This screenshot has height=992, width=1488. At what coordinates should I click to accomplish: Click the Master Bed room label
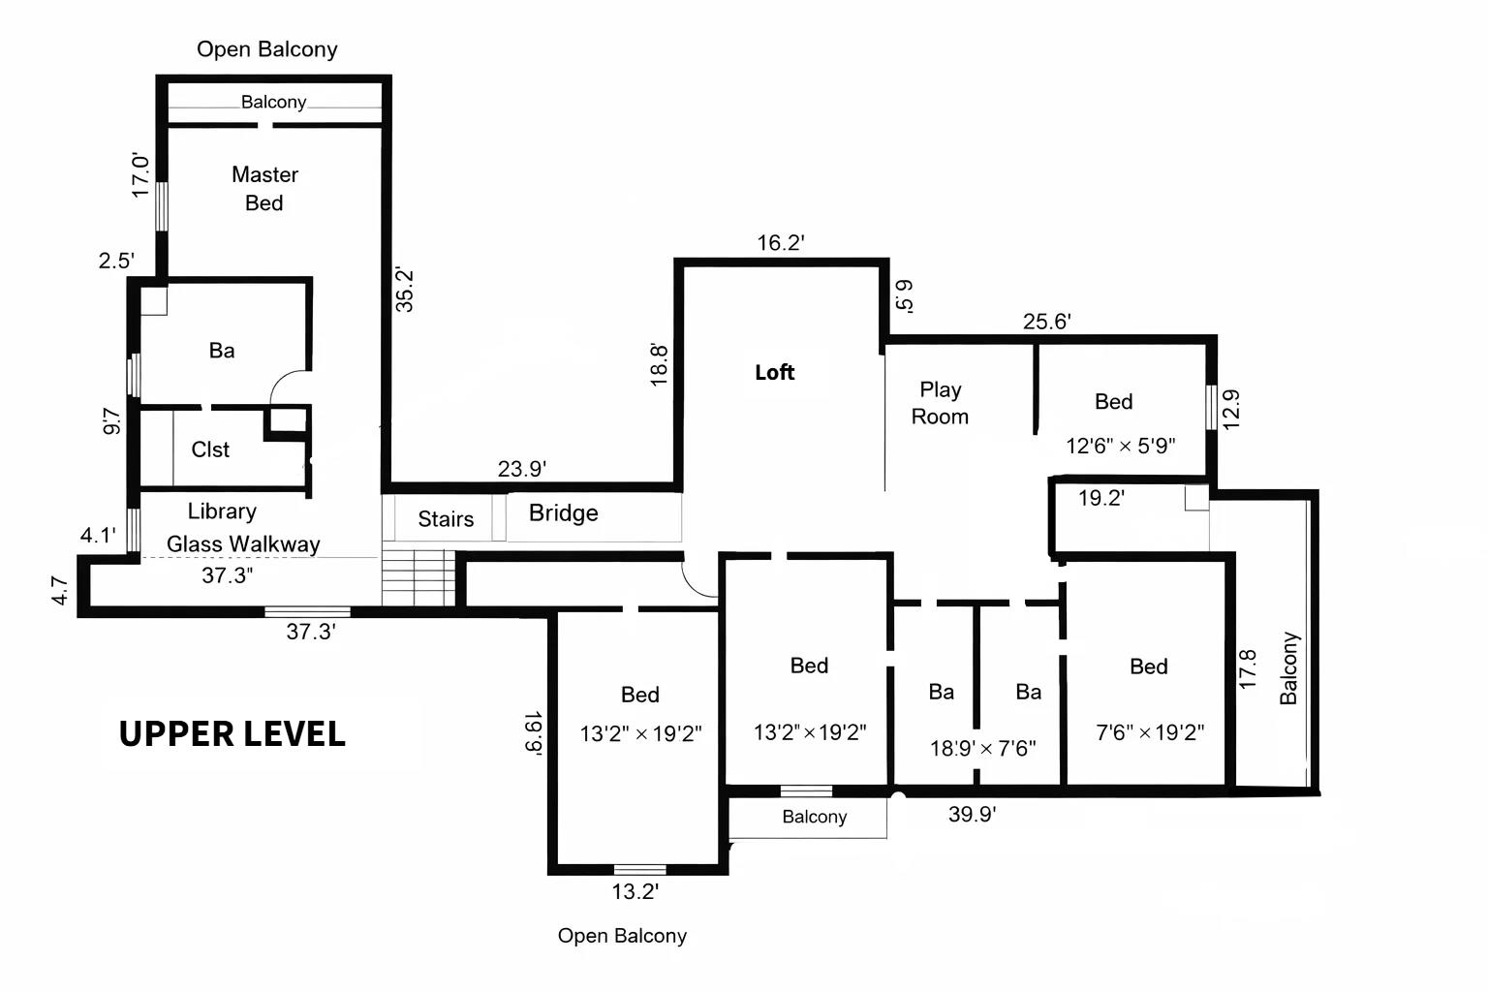(x=264, y=188)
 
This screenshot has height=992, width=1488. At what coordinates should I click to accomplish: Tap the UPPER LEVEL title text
(x=232, y=733)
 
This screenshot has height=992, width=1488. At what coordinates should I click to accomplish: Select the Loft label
(x=774, y=372)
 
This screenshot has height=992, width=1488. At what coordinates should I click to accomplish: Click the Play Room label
(x=940, y=402)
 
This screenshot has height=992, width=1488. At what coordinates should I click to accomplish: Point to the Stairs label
(x=446, y=519)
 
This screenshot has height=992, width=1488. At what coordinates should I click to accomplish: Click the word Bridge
(x=563, y=513)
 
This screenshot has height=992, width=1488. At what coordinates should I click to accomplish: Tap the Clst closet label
(x=210, y=449)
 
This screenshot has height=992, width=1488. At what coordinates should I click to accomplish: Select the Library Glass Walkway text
(x=242, y=528)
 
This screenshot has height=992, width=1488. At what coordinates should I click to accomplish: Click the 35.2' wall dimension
(x=405, y=289)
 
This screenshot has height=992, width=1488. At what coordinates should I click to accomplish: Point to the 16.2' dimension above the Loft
(x=781, y=243)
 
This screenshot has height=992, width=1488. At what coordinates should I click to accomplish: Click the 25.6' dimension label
(x=1046, y=322)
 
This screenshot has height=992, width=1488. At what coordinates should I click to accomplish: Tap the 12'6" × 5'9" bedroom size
(x=1120, y=446)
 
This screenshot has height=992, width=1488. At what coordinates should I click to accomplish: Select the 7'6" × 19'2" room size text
(x=1150, y=732)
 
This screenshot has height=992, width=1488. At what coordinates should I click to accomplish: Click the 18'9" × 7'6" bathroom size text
(x=982, y=748)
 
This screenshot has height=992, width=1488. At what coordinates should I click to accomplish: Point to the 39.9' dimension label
(x=972, y=814)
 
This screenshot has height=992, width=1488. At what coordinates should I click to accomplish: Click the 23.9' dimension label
(x=522, y=469)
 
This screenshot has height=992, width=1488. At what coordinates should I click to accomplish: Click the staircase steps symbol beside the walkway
(x=418, y=577)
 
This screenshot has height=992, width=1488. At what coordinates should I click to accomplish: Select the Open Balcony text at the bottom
(x=622, y=936)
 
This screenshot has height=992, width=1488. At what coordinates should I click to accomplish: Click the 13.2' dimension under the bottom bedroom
(x=635, y=891)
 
